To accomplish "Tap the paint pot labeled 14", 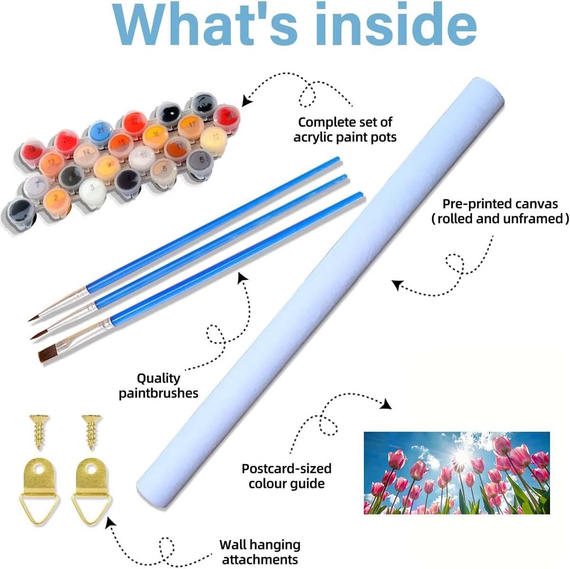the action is [86, 153].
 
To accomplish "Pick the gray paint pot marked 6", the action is [200, 161].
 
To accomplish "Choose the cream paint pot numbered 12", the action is [214, 139].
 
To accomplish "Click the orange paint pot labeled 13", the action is [51, 163].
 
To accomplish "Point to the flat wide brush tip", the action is [48, 354].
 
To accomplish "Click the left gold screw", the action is [39, 432].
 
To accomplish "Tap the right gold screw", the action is [92, 433].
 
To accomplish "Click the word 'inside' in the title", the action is [396, 25].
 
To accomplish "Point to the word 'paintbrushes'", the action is [159, 393].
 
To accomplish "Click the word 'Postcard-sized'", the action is [286, 468].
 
